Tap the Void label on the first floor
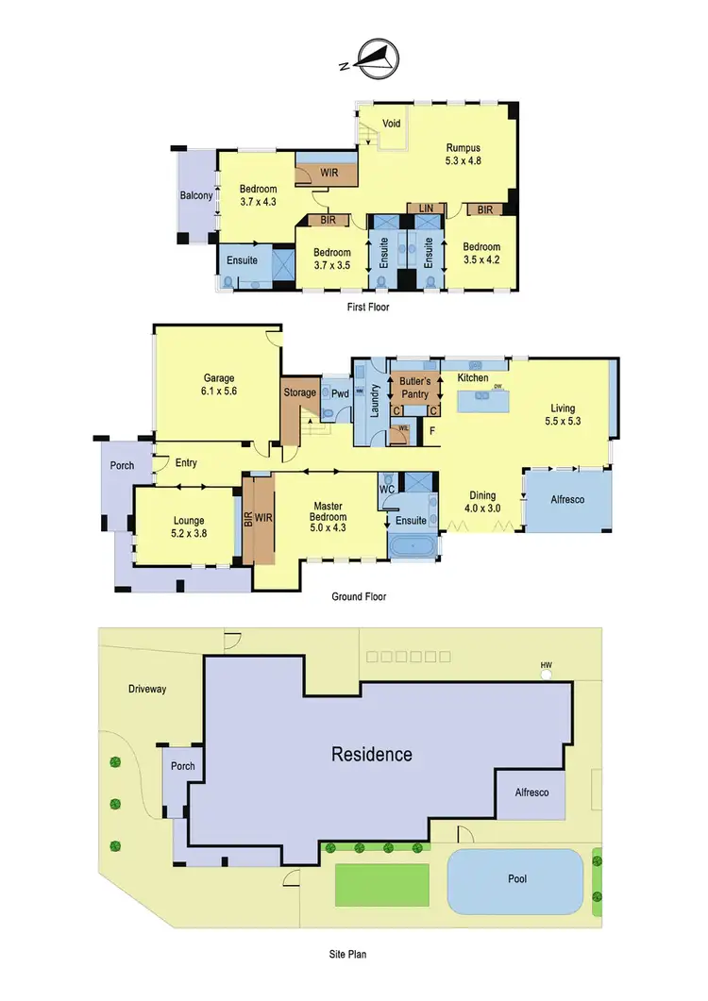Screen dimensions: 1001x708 [393, 122]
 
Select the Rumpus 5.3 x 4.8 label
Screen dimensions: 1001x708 [464, 154]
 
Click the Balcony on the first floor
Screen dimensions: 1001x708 [196, 196]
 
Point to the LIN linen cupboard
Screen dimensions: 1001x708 [426, 209]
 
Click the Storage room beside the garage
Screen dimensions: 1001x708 [300, 392]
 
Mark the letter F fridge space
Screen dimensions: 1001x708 [432, 432]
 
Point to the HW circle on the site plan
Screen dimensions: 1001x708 [546, 671]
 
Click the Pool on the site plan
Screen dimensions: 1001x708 [516, 878]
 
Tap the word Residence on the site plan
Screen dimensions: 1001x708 [371, 754]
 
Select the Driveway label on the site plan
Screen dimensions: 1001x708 [147, 689]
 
